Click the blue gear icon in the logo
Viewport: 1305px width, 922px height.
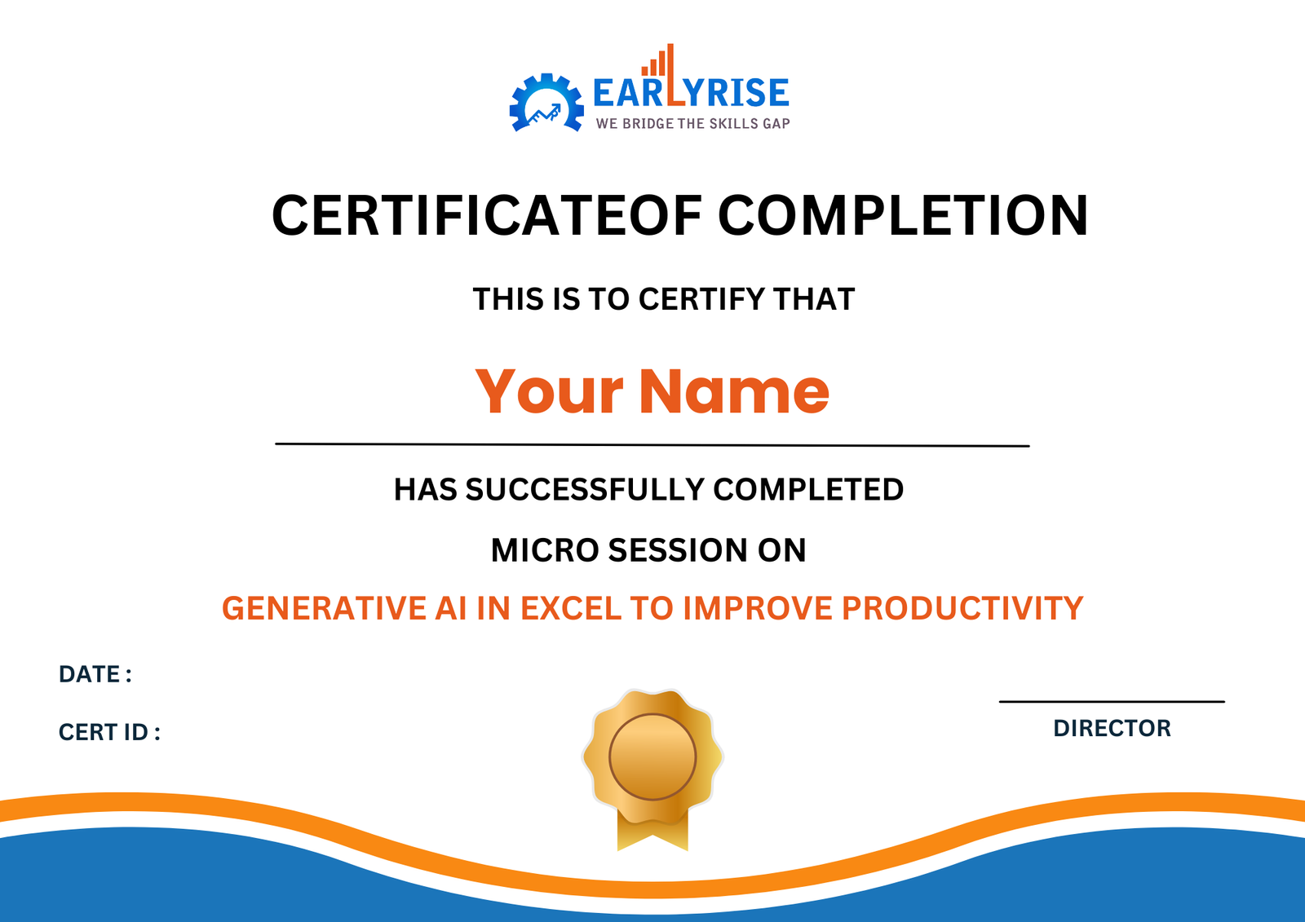(x=546, y=104)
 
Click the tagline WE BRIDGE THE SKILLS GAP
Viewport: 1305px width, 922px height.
(x=692, y=124)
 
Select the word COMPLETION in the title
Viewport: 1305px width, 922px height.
(x=903, y=216)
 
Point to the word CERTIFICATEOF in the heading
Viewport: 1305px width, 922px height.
(x=486, y=216)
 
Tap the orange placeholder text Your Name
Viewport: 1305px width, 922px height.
(x=652, y=391)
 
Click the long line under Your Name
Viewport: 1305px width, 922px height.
(x=652, y=444)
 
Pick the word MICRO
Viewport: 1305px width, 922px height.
(x=544, y=550)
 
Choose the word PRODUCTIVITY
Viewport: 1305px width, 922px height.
(x=962, y=608)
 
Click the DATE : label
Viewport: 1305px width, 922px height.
(x=95, y=674)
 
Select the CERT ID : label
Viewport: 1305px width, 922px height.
(x=109, y=732)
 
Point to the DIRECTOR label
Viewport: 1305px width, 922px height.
(x=1112, y=728)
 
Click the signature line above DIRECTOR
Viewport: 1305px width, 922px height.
(x=1112, y=701)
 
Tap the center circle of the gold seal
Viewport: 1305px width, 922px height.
(x=652, y=756)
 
